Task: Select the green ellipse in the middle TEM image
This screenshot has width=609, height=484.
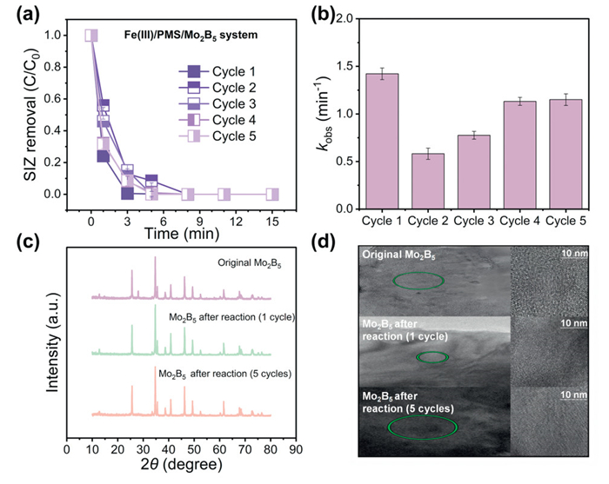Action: click(431, 356)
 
